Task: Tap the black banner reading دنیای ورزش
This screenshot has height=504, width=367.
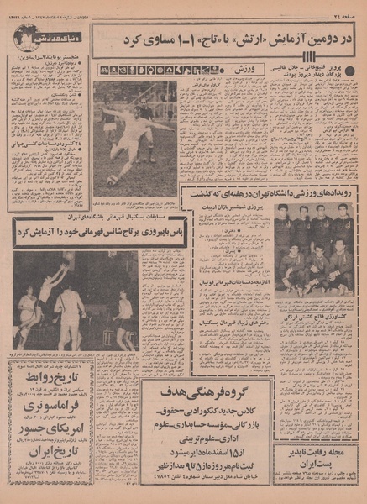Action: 55,36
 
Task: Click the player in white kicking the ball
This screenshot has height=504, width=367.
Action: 132,139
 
